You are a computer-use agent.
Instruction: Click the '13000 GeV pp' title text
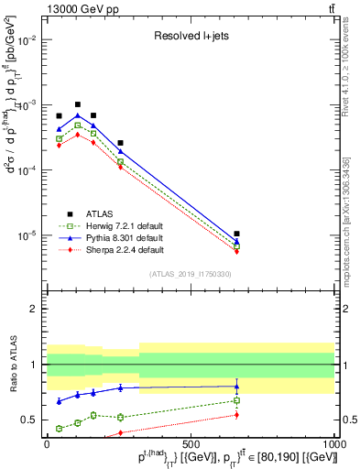76,8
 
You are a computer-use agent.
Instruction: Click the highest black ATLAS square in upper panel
78,104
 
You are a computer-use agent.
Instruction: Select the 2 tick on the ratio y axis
34,309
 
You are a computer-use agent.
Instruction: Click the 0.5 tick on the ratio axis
30,420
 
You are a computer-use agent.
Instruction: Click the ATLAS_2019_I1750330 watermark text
191,274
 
